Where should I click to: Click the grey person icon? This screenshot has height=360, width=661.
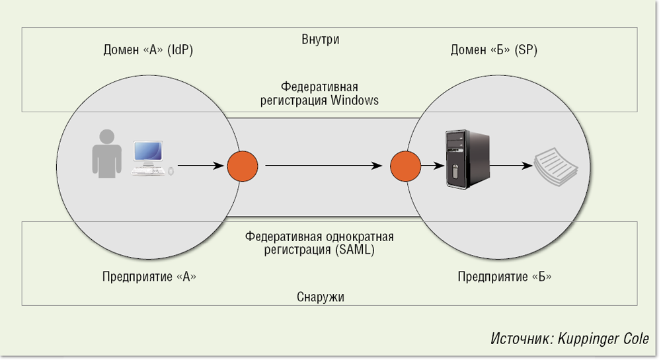click(106, 156)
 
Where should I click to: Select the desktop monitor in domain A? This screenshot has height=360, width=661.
click(148, 153)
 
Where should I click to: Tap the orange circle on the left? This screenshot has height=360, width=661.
click(243, 166)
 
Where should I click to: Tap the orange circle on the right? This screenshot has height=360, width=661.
click(405, 166)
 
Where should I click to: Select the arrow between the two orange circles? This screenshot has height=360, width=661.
click(324, 166)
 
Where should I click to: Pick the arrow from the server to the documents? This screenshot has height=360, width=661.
click(512, 166)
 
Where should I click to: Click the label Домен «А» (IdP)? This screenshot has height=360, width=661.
click(148, 50)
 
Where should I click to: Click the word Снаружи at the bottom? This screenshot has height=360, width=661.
click(321, 297)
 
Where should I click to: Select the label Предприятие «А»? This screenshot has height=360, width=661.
click(149, 277)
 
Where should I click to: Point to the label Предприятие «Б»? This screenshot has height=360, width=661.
click(504, 277)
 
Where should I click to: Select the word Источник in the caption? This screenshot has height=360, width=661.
click(514, 339)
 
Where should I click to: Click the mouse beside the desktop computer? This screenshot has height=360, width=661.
click(171, 171)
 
